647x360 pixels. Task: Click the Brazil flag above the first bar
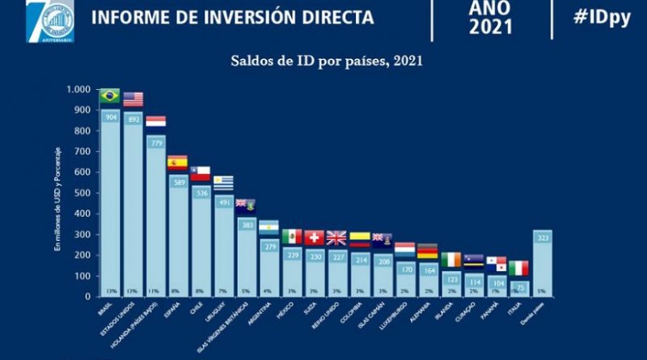pyautogui.click(x=109, y=95)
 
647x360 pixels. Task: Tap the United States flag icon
pyautogui.click(x=133, y=100)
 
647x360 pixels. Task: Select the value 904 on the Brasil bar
pyautogui.click(x=109, y=117)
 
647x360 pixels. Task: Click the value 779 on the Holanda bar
pyautogui.click(x=155, y=143)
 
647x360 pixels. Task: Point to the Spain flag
pyautogui.click(x=177, y=162)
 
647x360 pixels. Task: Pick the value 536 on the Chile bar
pyautogui.click(x=200, y=193)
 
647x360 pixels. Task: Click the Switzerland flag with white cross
pyautogui.click(x=314, y=237)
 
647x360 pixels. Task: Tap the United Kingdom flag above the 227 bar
pyautogui.click(x=336, y=238)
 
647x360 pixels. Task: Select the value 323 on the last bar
pyautogui.click(x=543, y=238)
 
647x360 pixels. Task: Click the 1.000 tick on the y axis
pyautogui.click(x=78, y=89)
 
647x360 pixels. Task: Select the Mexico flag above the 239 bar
pyautogui.click(x=291, y=236)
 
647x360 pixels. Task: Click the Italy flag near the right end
pyautogui.click(x=518, y=268)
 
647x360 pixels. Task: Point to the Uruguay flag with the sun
pyautogui.click(x=222, y=182)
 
